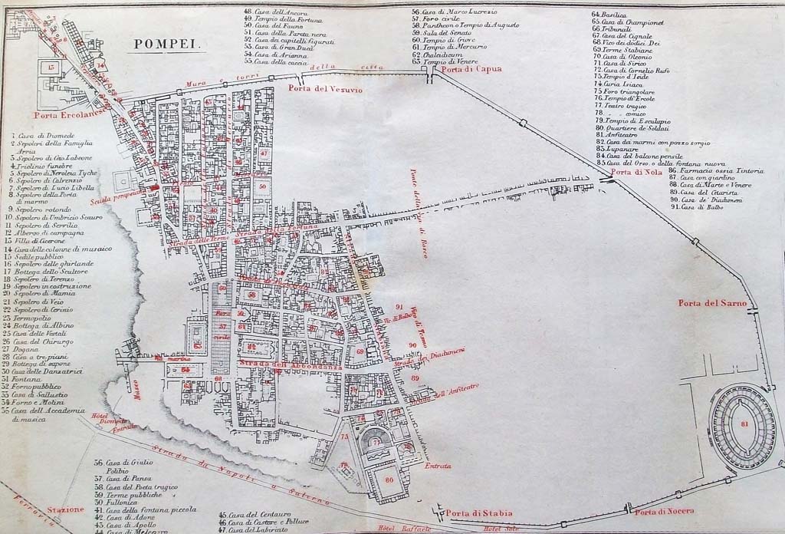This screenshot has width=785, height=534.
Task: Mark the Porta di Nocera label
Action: coord(664,511)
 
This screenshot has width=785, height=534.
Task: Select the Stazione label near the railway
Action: coord(65,509)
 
